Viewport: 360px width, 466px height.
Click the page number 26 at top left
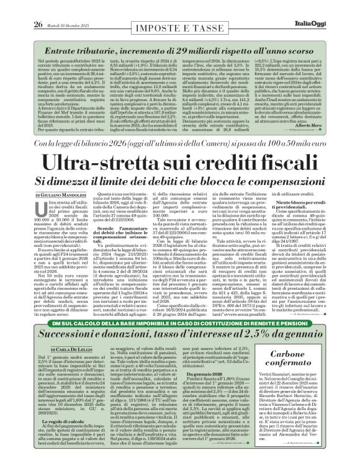11,7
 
